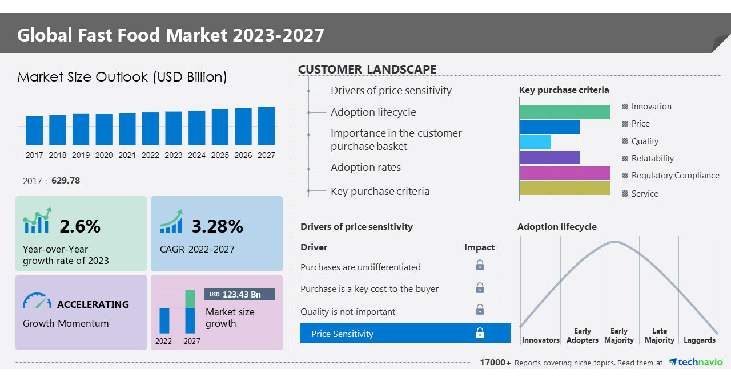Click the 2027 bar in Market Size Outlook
point(266,125)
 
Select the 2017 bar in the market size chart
point(34,130)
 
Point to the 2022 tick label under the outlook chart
point(150,155)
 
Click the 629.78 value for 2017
point(66,181)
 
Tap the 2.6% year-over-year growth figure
point(80,226)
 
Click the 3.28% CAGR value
point(217,226)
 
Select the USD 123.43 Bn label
point(239,294)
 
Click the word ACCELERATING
point(93,304)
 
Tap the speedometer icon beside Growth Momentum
point(37,301)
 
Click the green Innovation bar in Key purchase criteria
point(564,112)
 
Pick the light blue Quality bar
point(535,142)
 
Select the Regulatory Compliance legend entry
point(674,176)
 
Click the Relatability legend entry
point(652,159)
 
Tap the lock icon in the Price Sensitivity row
point(480,334)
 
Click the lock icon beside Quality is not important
point(480,310)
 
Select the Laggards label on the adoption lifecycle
point(699,340)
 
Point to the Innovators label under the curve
point(540,340)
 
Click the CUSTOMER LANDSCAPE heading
point(367,70)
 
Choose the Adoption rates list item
point(365,168)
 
